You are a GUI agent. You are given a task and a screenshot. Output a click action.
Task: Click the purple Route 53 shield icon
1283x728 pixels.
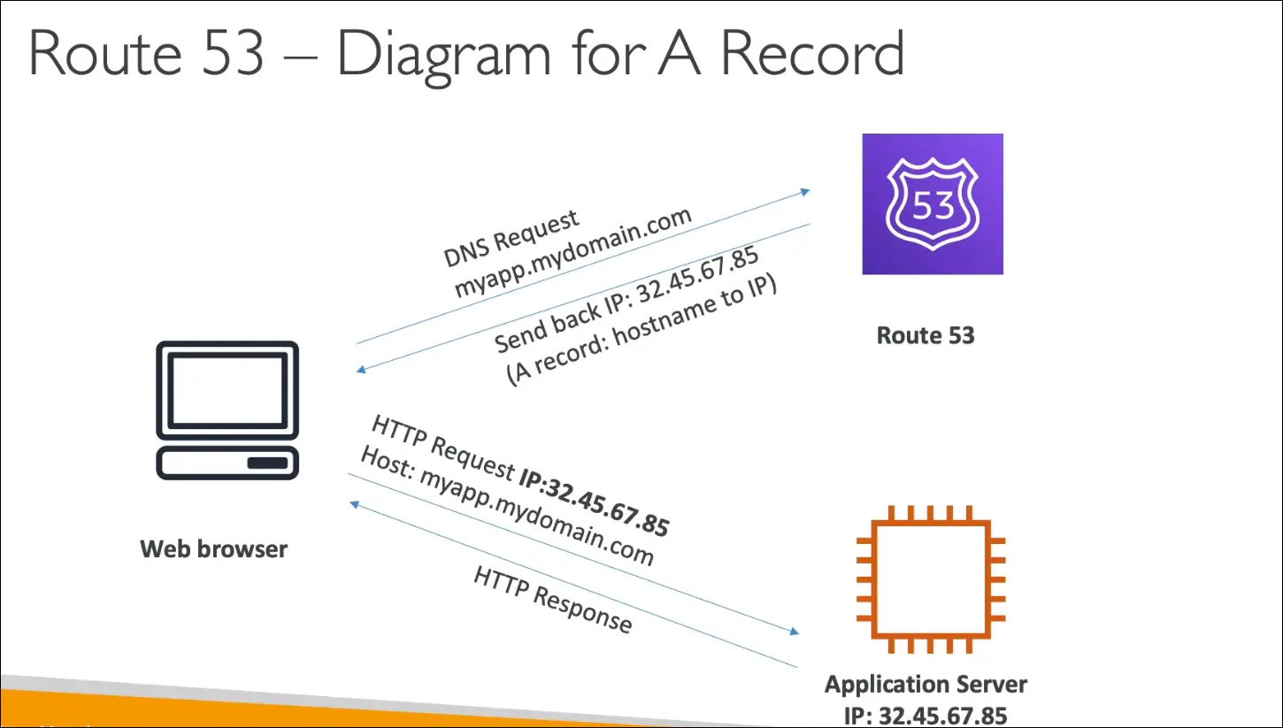tap(933, 204)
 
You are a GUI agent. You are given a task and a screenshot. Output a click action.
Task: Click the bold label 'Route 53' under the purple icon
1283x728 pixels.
tap(926, 336)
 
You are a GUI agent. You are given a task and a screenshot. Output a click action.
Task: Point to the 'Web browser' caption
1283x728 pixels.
tap(214, 549)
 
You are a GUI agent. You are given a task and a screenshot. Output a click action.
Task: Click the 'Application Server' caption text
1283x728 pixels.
tap(926, 685)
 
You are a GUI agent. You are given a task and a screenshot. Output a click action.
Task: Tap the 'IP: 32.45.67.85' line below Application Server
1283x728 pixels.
tap(926, 714)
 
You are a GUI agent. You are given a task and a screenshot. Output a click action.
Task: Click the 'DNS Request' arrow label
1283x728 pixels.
tap(511, 239)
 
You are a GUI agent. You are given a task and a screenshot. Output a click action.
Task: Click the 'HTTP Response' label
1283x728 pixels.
tap(553, 601)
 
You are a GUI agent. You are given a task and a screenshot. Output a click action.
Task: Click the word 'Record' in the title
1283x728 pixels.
tap(812, 55)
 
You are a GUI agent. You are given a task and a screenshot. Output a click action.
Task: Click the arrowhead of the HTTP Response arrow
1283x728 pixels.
tap(356, 503)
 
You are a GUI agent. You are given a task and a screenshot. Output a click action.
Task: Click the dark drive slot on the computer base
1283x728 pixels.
tap(266, 464)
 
